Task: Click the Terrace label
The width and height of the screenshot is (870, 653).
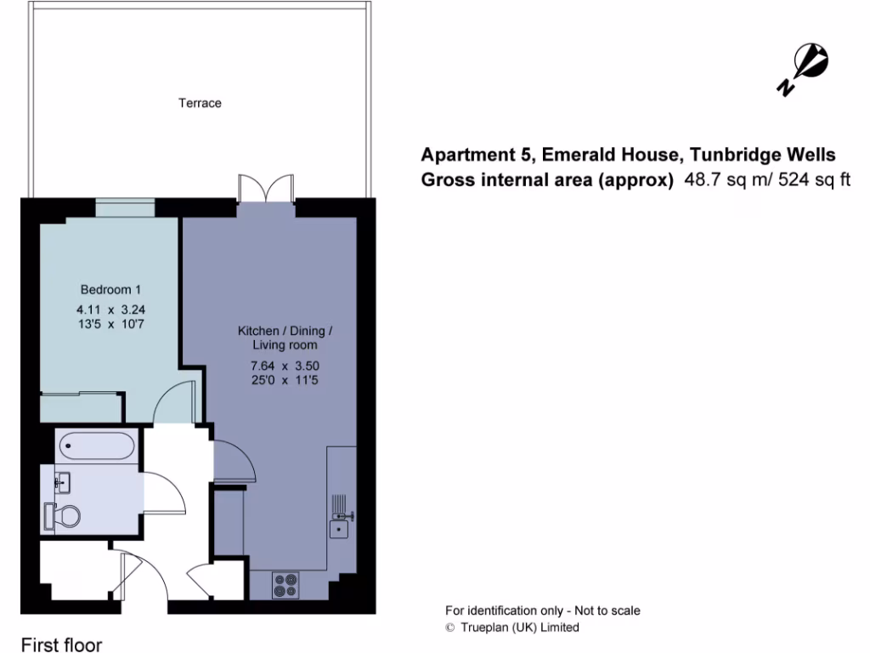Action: (x=200, y=103)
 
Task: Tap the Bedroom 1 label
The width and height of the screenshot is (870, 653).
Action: (x=105, y=289)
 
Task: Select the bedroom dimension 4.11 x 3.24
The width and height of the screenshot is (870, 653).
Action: (x=105, y=309)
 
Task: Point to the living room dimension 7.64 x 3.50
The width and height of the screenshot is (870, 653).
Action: (x=284, y=366)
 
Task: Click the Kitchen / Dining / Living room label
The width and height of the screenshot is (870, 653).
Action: (x=285, y=338)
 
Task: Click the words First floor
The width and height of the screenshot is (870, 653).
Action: (x=61, y=644)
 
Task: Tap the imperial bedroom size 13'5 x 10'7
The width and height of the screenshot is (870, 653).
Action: (x=105, y=324)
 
